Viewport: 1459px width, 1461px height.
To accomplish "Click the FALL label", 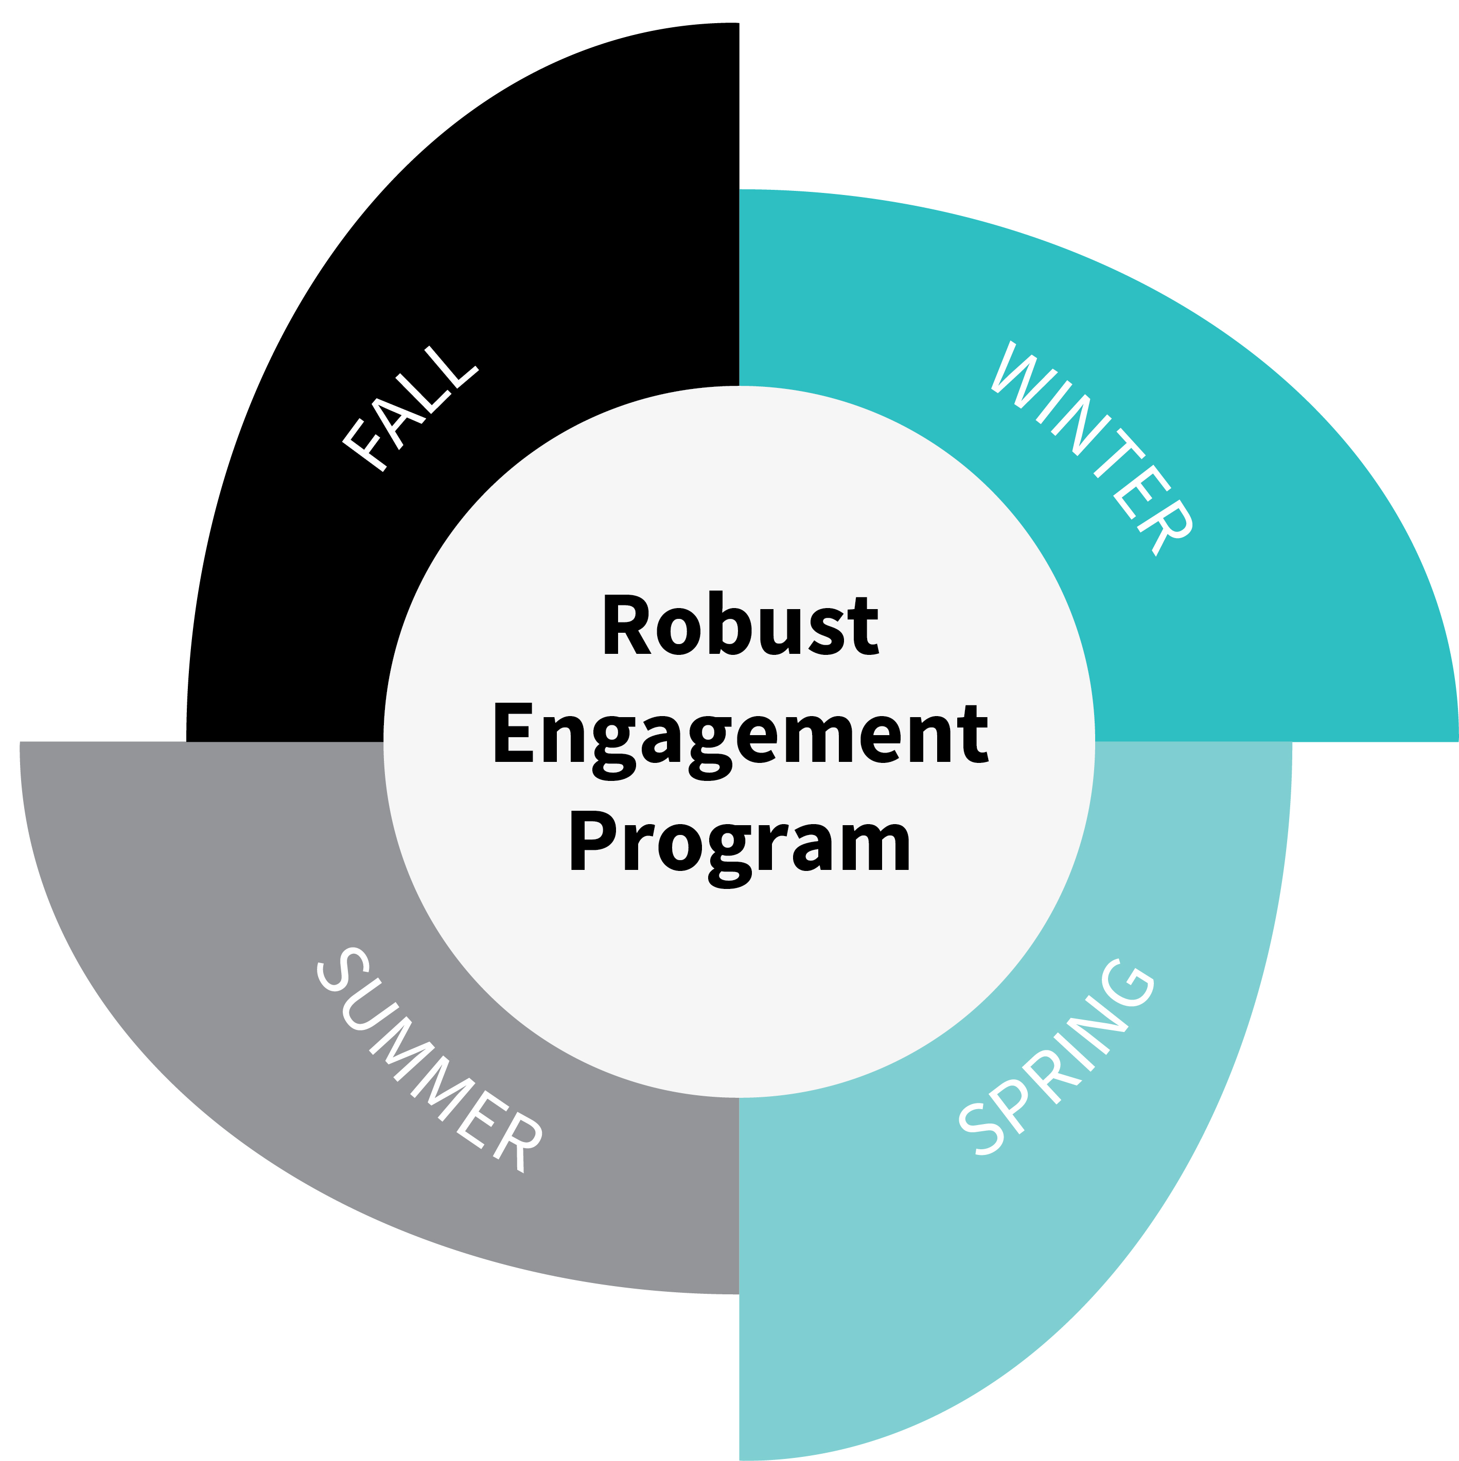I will click(410, 409).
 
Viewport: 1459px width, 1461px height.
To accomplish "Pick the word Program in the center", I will click(740, 847).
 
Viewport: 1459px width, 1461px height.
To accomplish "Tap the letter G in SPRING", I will click(1127, 983).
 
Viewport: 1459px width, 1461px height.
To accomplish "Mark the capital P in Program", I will click(592, 840).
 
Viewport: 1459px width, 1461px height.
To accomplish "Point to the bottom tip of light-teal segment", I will click(741, 1458).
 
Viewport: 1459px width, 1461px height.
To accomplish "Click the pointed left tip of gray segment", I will click(21, 743).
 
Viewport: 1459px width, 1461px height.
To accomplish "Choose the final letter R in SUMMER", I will click(518, 1142).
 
